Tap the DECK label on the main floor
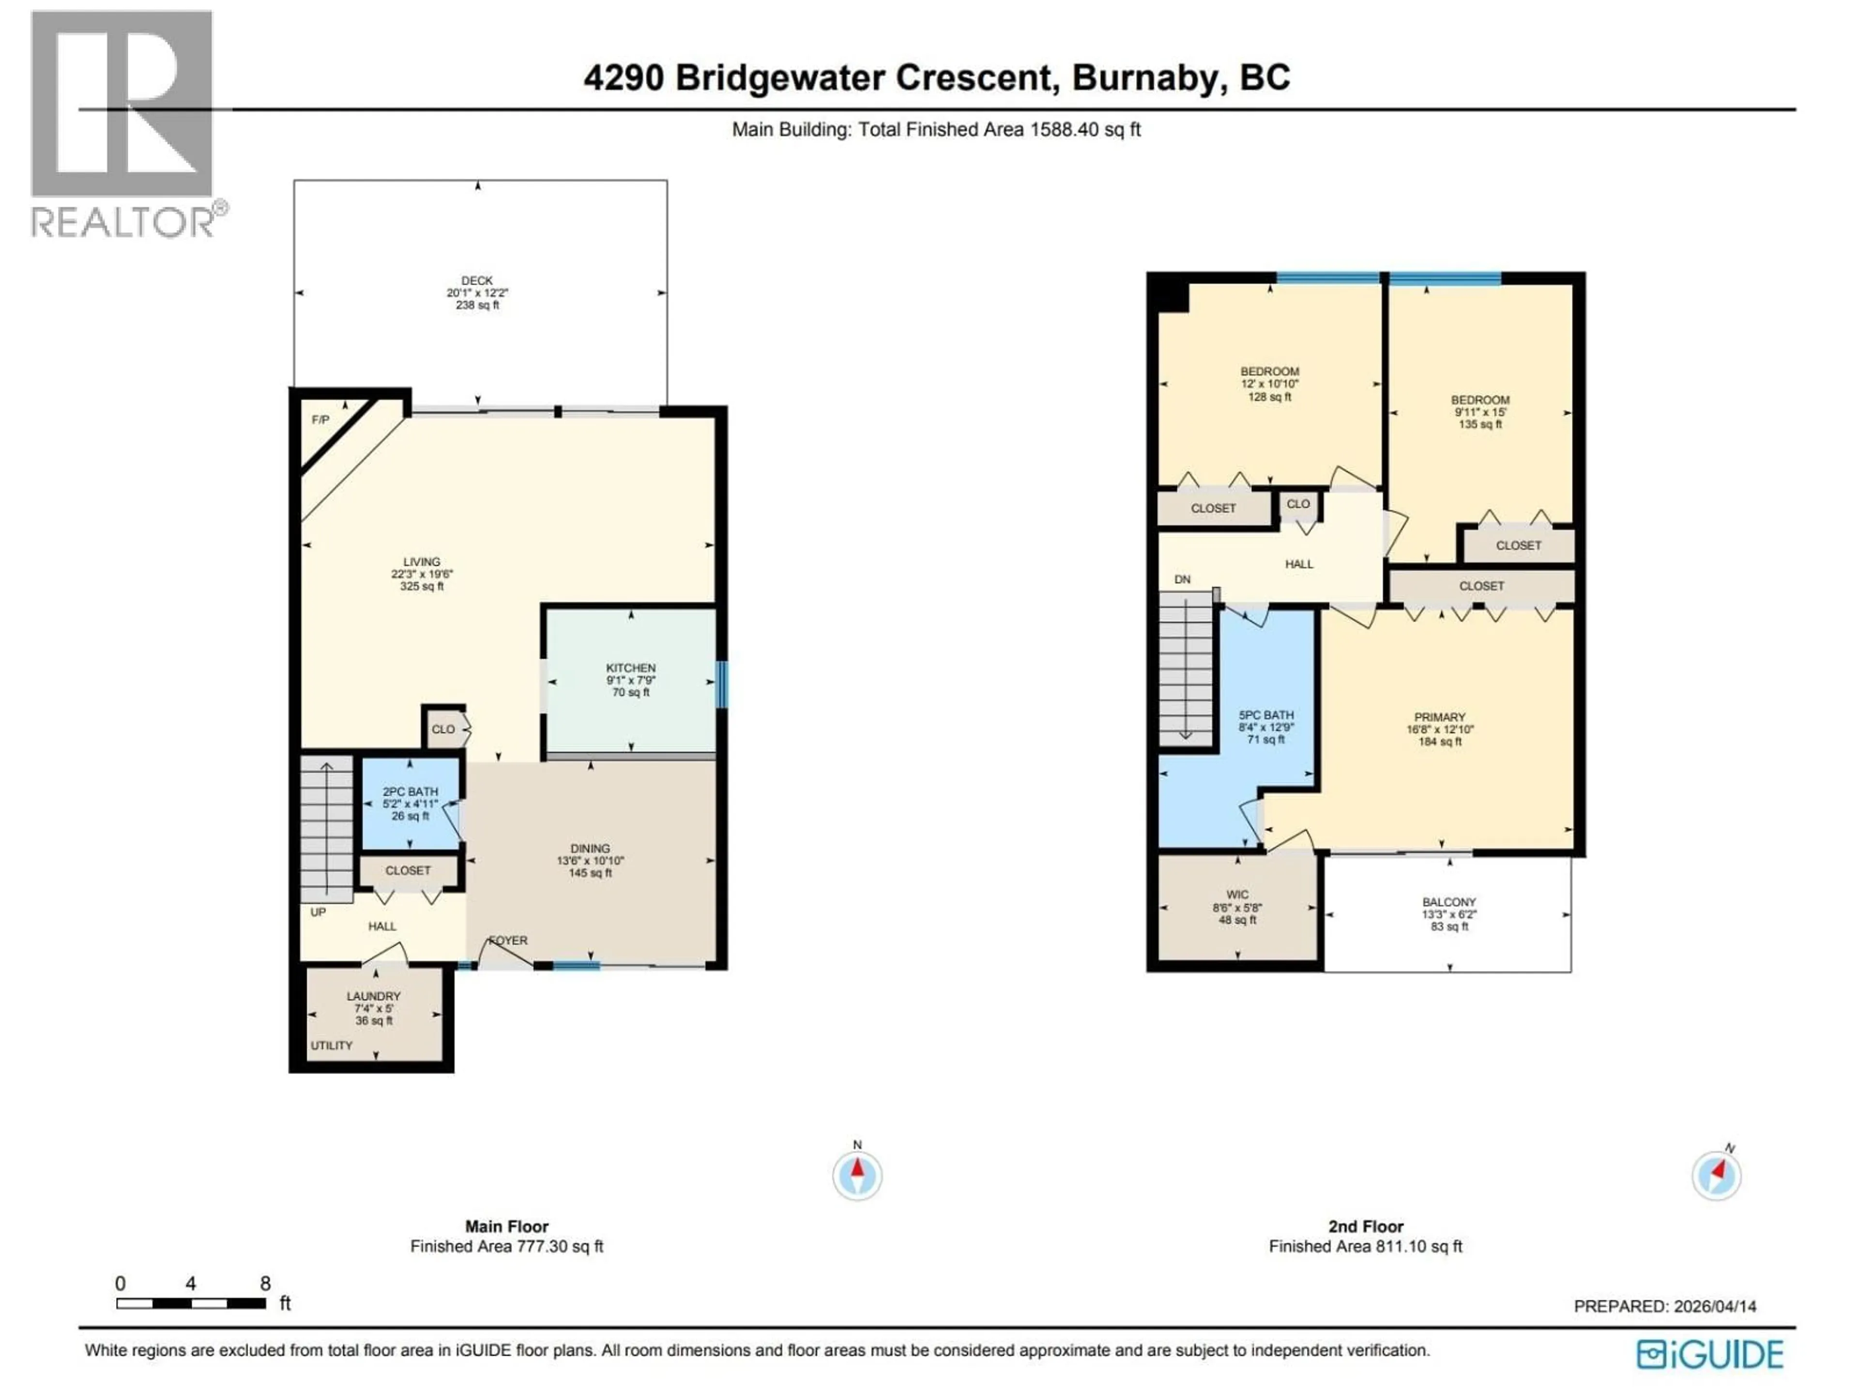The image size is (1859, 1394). click(476, 281)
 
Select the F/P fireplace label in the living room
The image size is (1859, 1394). click(320, 419)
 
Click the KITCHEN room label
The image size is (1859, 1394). click(630, 668)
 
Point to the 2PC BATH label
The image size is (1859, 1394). click(410, 791)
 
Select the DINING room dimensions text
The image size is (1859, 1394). click(590, 861)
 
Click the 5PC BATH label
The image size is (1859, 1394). click(1265, 715)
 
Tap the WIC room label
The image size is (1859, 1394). click(1237, 895)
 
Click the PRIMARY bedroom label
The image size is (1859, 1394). click(1440, 717)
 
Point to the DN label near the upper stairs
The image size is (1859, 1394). click(1183, 579)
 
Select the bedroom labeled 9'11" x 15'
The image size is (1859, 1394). click(1480, 412)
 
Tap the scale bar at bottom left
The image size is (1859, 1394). click(192, 1303)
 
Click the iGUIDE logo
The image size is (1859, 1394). click(1709, 1354)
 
